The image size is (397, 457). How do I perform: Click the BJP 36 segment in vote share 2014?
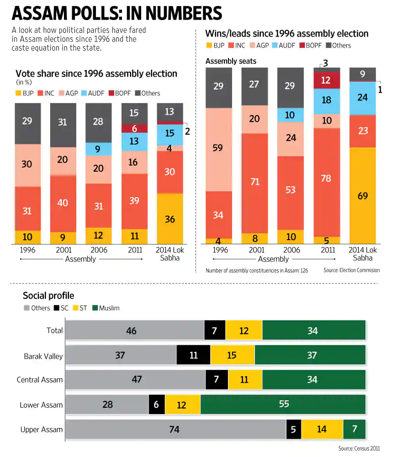point(169,219)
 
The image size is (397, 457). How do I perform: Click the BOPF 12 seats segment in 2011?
point(327,80)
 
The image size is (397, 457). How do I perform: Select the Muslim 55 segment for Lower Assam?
point(283,404)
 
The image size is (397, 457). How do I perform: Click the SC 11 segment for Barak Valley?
point(193,355)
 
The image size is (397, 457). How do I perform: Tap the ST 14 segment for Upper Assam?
point(322,429)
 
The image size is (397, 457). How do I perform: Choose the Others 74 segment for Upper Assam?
point(175,429)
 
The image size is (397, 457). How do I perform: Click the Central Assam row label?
point(40,380)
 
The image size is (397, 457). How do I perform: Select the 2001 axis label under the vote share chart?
point(63,250)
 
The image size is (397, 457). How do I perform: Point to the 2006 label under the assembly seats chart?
point(291,250)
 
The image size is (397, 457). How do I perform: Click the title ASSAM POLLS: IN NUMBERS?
point(117,13)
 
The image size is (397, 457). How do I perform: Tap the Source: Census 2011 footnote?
point(359,448)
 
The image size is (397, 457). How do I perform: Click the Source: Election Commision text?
point(351,270)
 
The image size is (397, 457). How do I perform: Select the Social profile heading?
point(48,296)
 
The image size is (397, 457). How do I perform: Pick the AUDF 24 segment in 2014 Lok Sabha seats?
point(363,98)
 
